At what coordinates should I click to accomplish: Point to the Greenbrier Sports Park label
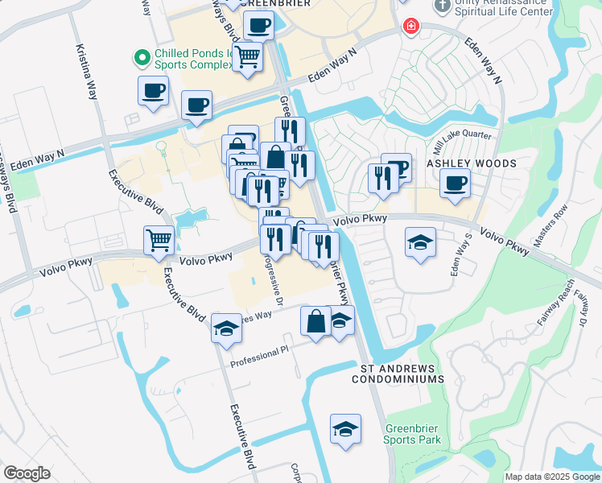(412, 434)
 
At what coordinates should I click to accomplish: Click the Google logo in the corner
(27, 473)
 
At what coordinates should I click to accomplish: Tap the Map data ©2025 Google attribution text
(552, 477)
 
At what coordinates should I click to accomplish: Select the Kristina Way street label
(89, 71)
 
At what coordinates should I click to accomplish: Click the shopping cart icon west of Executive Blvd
(159, 239)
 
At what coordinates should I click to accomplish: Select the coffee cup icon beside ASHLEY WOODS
(456, 182)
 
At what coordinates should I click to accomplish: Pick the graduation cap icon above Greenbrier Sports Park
(345, 428)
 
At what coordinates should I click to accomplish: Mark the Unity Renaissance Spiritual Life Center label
(503, 7)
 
